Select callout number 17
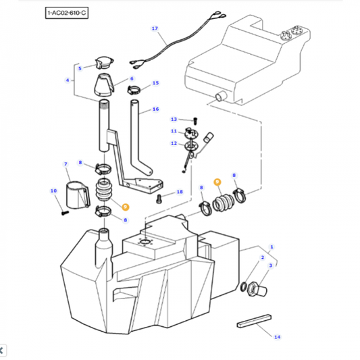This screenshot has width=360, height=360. (x=154, y=29)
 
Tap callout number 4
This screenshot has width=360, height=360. (x=68, y=80)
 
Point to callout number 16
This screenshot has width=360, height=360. (x=155, y=109)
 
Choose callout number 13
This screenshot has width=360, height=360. (x=174, y=119)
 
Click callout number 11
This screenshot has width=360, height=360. (x=173, y=131)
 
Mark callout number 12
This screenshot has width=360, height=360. (x=174, y=143)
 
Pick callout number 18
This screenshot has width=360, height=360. (x=180, y=192)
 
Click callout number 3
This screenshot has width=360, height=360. (x=272, y=267)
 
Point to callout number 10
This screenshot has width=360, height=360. (x=53, y=191)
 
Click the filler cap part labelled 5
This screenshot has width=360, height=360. (x=105, y=63)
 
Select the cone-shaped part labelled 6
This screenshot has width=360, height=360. (x=103, y=86)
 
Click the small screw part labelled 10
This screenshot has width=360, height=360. (x=64, y=211)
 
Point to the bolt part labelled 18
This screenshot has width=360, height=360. (x=159, y=199)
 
